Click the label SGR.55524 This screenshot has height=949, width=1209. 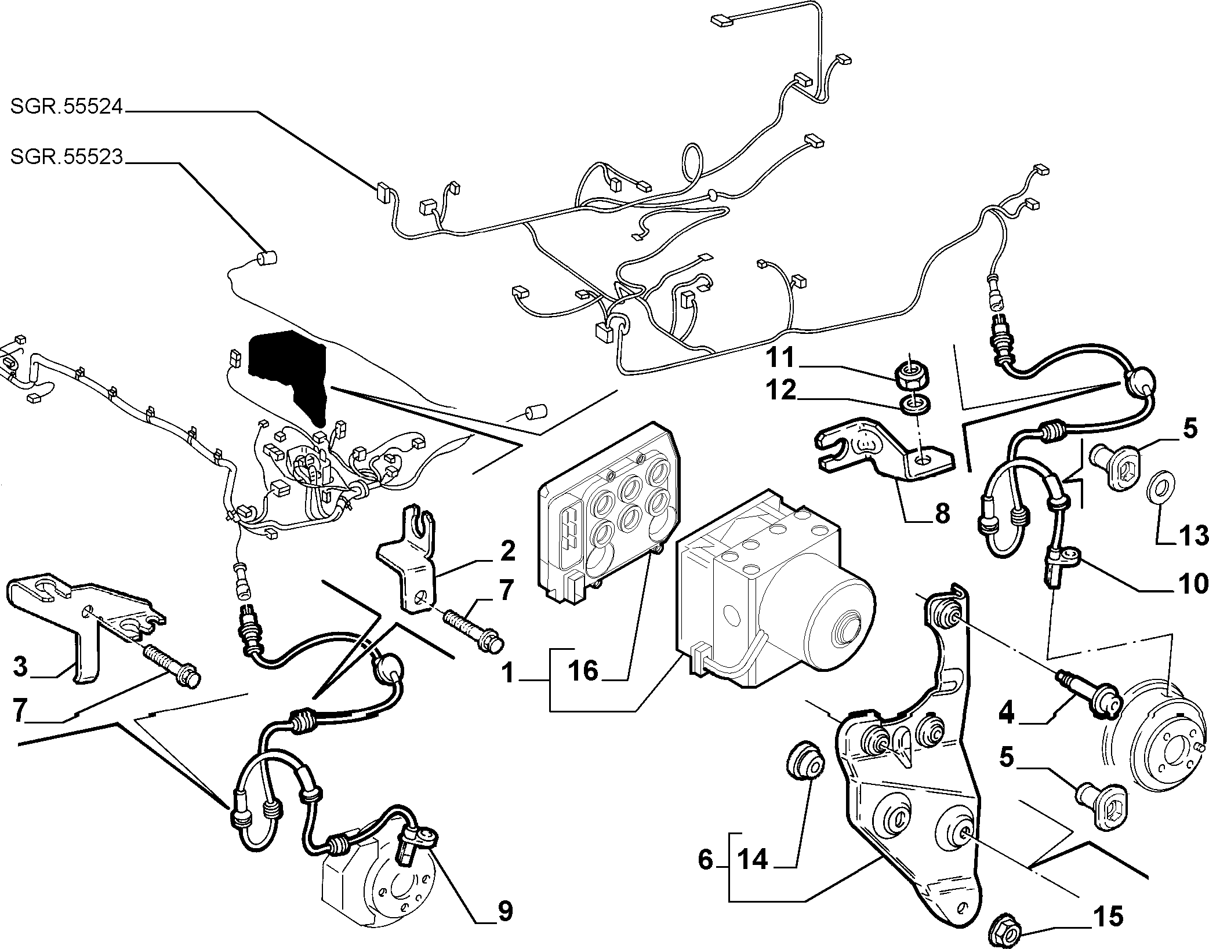pyautogui.click(x=67, y=108)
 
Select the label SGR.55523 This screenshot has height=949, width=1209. pyautogui.click(x=67, y=157)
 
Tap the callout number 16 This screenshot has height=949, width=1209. pyautogui.click(x=583, y=671)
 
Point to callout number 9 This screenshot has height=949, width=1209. pyautogui.click(x=505, y=912)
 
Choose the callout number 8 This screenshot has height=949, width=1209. pyautogui.click(x=942, y=512)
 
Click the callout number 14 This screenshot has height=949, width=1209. pyautogui.click(x=753, y=859)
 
